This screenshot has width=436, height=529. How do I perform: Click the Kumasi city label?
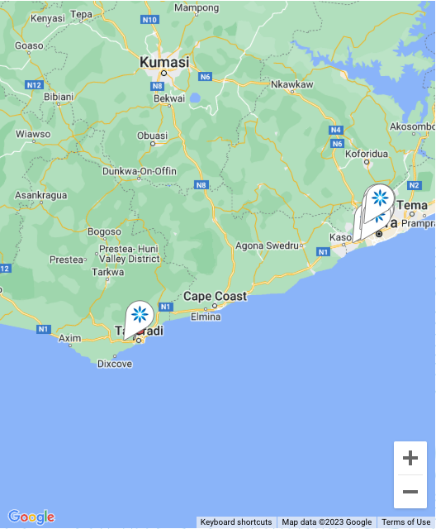pos(164,62)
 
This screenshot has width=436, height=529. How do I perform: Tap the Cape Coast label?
pos(215,296)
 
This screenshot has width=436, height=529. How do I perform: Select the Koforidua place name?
pos(366,154)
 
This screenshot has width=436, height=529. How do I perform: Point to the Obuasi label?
pos(152,136)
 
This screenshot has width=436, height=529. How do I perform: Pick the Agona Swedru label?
pos(267,245)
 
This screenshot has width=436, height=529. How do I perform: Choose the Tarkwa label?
pos(107,271)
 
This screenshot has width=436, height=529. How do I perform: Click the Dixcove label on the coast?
pos(114,363)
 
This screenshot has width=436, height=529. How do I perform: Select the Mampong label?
pos(197,8)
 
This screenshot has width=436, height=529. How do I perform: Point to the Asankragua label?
pos(40,196)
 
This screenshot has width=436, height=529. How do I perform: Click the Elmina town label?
pos(206,316)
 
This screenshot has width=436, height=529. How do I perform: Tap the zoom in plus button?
pos(410,458)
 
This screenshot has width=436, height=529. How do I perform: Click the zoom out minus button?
pos(410,492)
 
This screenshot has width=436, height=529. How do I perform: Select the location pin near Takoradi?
pos(139,315)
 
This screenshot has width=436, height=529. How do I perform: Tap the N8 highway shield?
pos(201,184)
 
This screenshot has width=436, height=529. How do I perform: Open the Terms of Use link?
pos(406,522)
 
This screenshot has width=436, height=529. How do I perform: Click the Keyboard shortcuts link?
pos(236,522)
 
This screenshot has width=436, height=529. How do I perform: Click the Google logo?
pos(31,517)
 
